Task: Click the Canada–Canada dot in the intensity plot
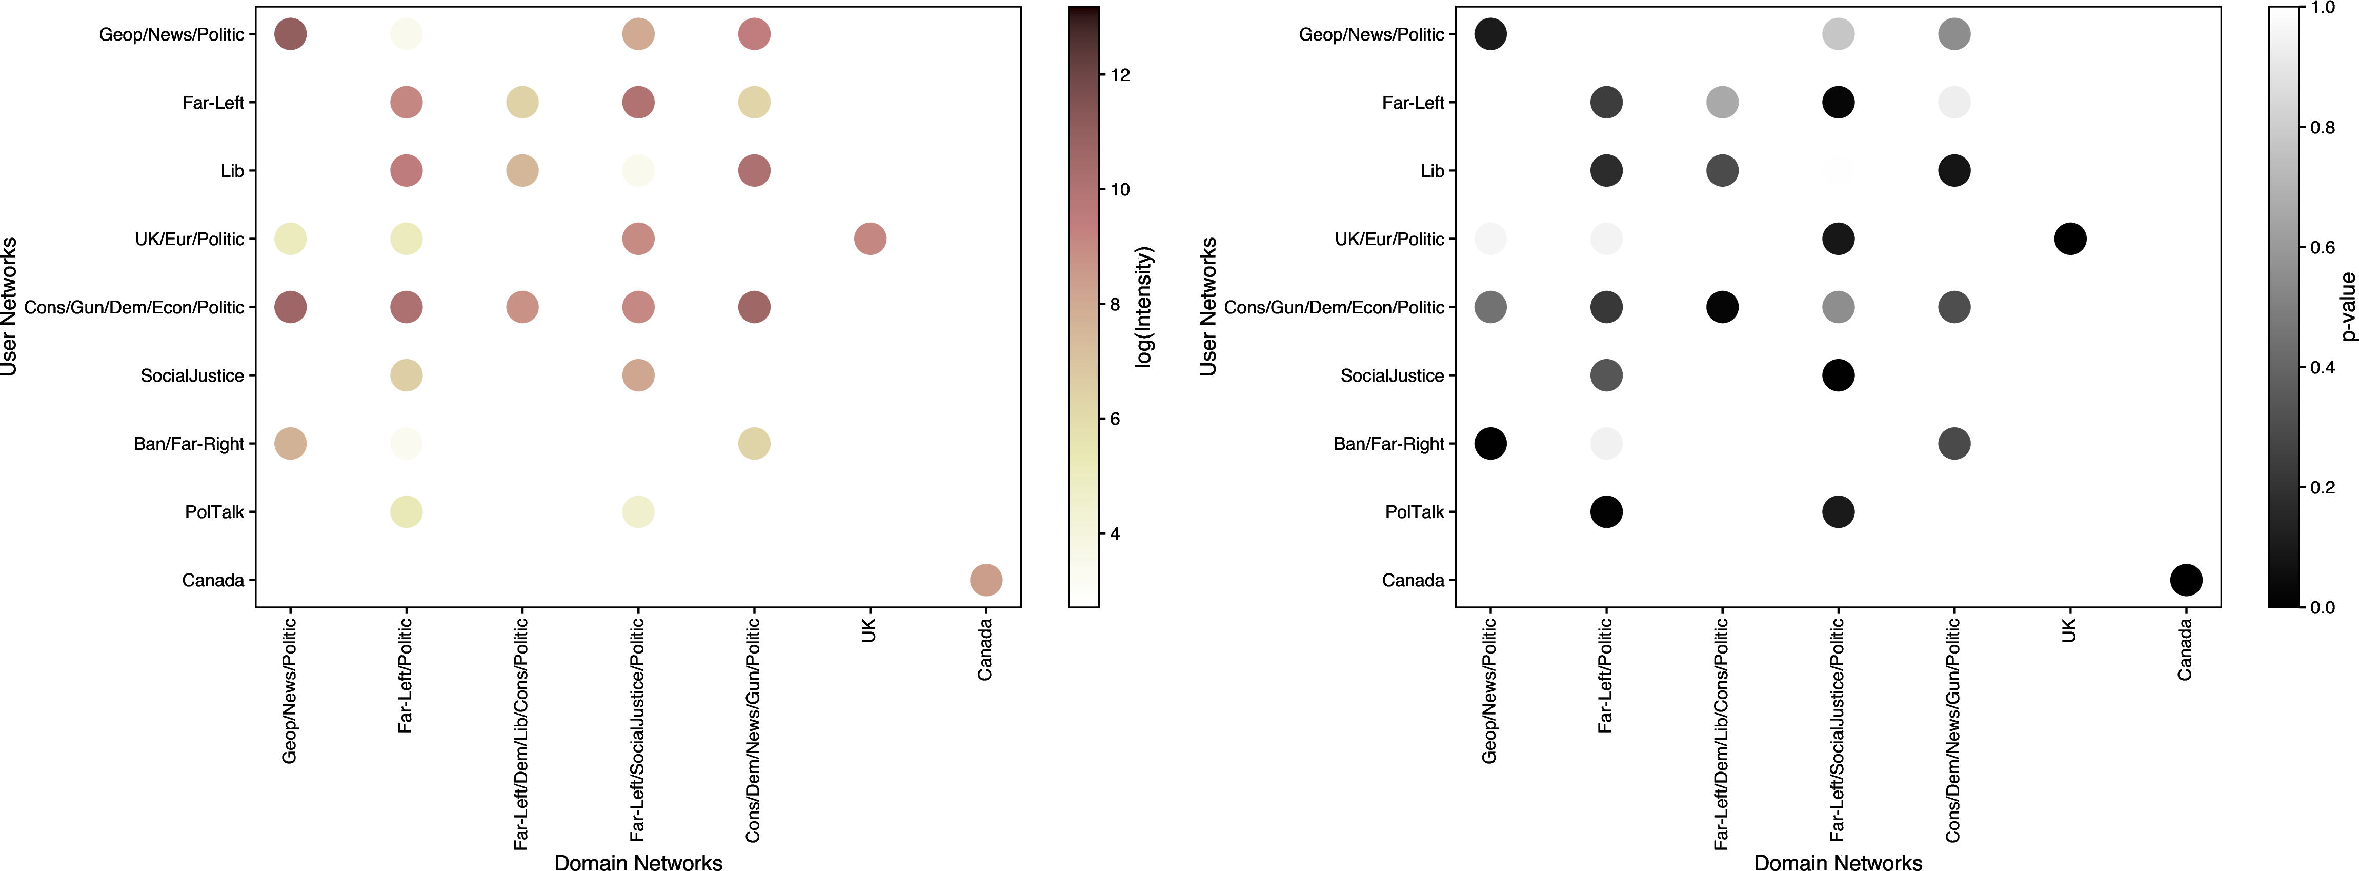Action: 985,580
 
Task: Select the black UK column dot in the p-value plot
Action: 2070,239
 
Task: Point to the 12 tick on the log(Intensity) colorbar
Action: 1120,75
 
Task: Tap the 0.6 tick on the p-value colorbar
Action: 2323,247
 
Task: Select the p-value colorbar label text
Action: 2347,307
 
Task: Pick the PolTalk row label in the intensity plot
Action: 214,512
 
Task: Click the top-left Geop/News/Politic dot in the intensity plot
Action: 290,34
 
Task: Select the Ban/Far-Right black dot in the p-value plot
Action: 1490,443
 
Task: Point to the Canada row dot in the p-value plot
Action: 2186,580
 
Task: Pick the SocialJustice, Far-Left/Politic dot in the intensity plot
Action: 406,375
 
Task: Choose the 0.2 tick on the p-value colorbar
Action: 2323,487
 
